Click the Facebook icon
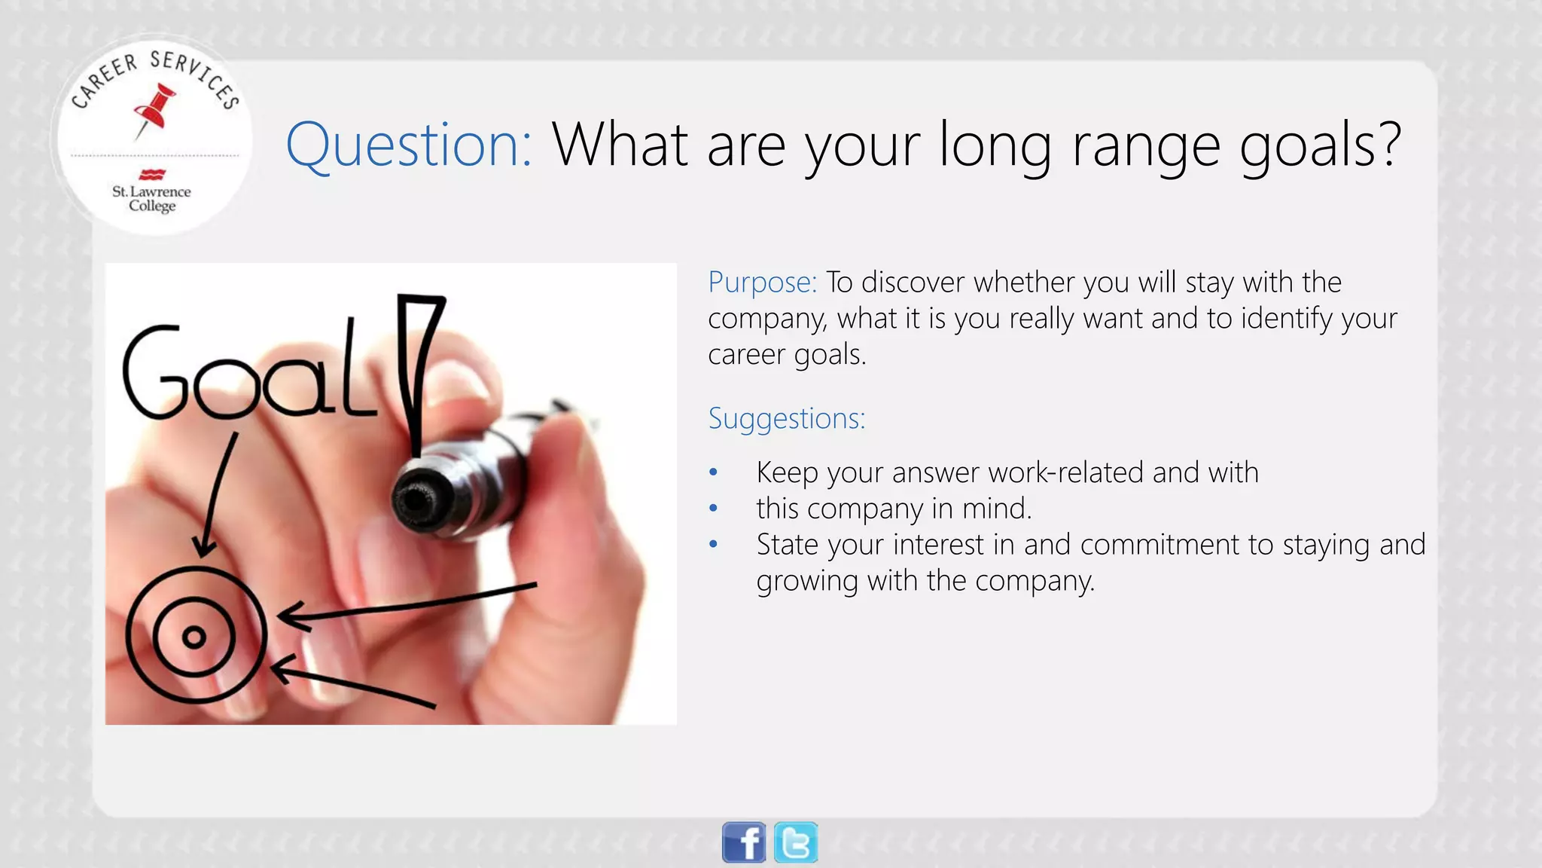point(744,842)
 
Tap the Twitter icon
point(796,842)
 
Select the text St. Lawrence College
point(151,199)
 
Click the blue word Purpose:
point(762,283)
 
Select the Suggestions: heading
point(786,418)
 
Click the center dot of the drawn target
point(194,637)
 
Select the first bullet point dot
point(713,473)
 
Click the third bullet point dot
point(713,545)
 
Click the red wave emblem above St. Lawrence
point(152,174)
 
